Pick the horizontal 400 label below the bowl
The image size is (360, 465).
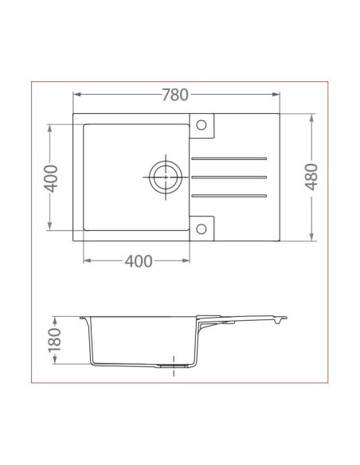tap(138, 261)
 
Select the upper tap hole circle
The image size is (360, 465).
tap(202, 125)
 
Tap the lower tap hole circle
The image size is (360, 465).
tap(202, 228)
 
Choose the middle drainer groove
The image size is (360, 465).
tap(229, 176)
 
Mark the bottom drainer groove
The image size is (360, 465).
tap(229, 194)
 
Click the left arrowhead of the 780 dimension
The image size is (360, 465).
tap(76, 95)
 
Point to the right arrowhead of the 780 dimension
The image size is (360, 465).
tap(279, 95)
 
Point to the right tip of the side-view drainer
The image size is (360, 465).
tap(286, 319)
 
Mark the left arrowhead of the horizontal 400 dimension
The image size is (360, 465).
tap(86, 261)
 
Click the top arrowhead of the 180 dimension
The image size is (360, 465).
tap(55, 316)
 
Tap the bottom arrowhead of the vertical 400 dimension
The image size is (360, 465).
tap(50, 229)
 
